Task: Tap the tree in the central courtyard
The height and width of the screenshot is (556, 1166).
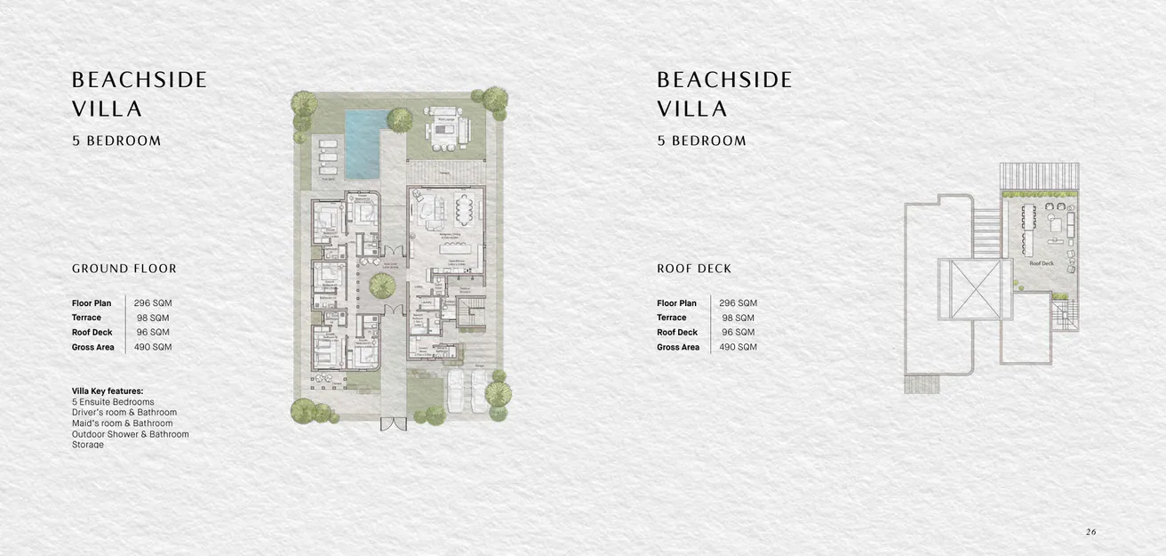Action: tap(382, 285)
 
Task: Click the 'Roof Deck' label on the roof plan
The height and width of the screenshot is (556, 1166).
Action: tap(1042, 263)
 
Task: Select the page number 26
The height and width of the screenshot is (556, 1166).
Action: tap(1090, 532)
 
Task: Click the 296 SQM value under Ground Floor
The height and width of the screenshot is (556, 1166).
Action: tap(153, 303)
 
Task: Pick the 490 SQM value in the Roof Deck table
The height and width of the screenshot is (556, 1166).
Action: tap(738, 347)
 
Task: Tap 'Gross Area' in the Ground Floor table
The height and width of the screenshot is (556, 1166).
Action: tap(93, 347)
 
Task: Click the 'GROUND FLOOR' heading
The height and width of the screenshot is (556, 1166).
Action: tap(124, 269)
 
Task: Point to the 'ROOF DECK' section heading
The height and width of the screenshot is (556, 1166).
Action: tap(694, 269)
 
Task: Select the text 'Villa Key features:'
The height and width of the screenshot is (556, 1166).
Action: tap(108, 391)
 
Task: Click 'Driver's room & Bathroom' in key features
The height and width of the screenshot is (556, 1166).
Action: tap(124, 413)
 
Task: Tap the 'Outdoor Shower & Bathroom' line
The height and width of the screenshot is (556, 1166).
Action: tap(131, 434)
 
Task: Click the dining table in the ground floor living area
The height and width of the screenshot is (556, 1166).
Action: tap(465, 211)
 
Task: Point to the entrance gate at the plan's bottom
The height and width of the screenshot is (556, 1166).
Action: tap(393, 423)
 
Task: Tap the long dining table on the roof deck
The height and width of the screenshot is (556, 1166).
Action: tap(1029, 229)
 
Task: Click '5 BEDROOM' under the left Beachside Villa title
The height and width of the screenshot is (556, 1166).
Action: tap(116, 141)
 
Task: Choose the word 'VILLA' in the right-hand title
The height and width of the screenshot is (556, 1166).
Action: tap(692, 109)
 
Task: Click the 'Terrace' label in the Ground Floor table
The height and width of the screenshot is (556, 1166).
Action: tap(86, 318)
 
